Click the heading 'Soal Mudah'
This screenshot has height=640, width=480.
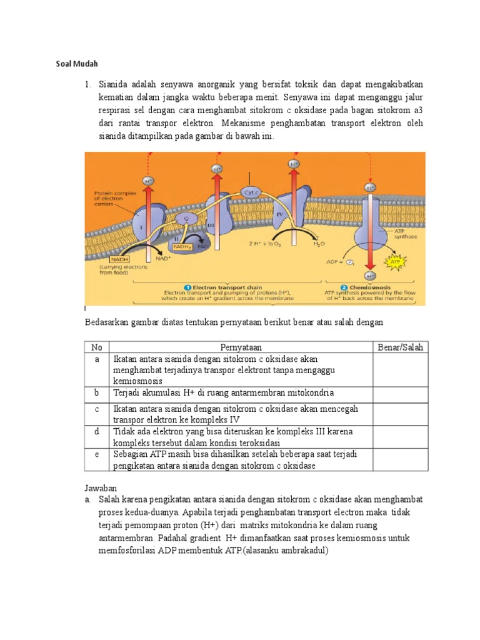pos(74,64)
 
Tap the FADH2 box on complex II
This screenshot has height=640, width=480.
pos(182,247)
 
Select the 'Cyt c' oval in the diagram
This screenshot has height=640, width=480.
pos(251,193)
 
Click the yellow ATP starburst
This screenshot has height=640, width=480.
pos(395,263)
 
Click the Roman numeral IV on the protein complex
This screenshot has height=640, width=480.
pos(279,214)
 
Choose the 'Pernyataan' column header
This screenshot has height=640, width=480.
pos(241,347)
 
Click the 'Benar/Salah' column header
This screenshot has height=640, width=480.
pos(399,347)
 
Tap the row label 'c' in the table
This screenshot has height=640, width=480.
pos(97,409)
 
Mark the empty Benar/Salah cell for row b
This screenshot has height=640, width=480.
pos(399,393)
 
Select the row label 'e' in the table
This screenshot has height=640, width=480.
pos(97,454)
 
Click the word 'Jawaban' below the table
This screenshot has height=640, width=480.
pos(101,487)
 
